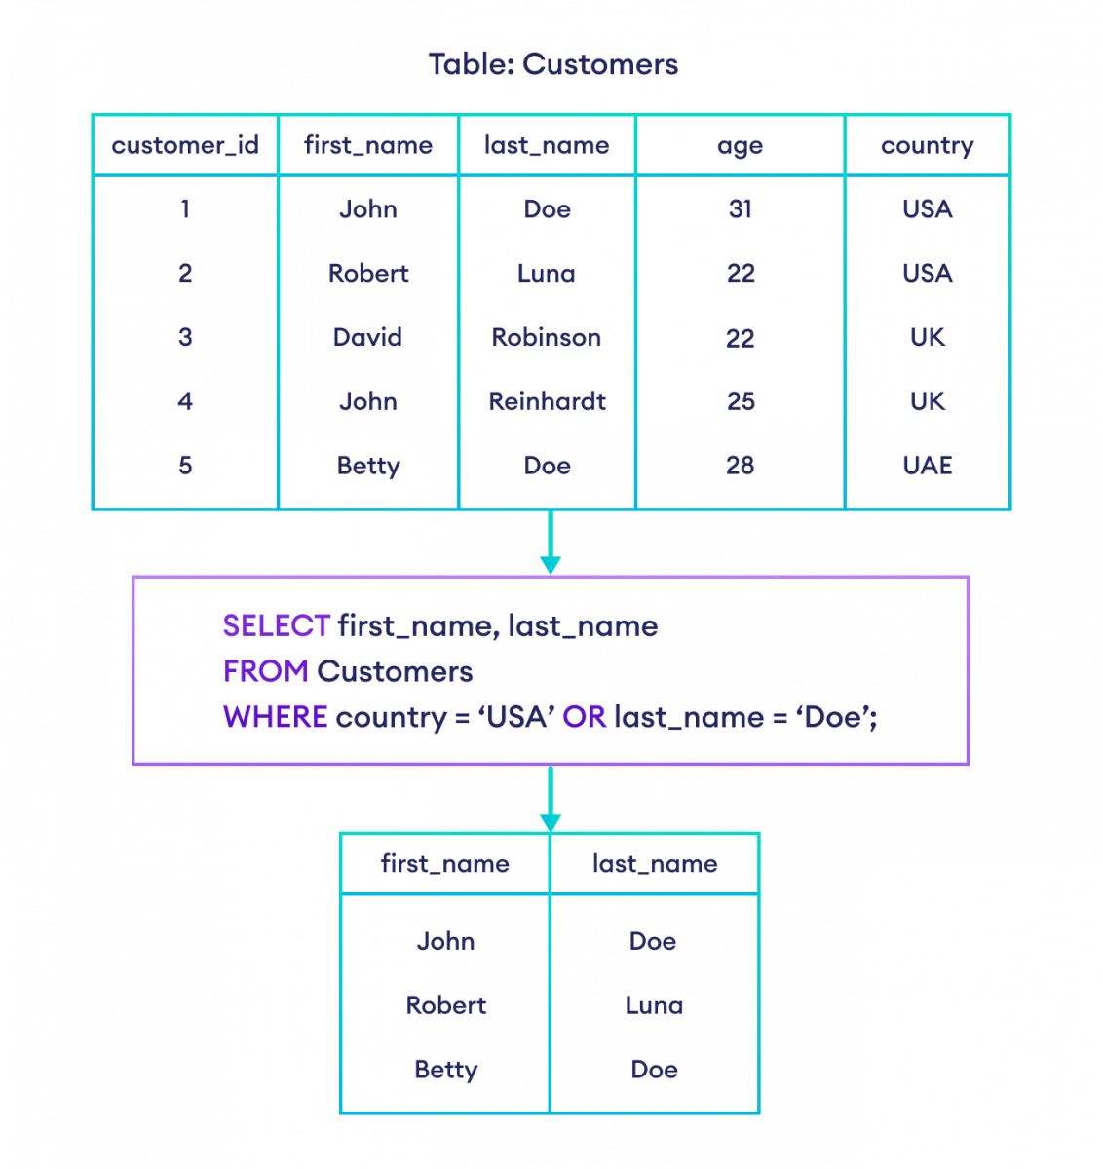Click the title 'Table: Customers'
(552, 65)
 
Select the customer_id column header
(185, 146)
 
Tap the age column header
(740, 146)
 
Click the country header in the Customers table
(927, 146)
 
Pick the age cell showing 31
(740, 209)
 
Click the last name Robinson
(547, 338)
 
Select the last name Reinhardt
(547, 401)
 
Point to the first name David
(367, 338)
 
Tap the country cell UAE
(927, 466)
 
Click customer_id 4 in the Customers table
(185, 401)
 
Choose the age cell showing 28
(740, 466)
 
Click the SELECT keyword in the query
(277, 626)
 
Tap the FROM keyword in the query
(266, 672)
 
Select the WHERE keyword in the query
(276, 718)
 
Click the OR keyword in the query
(585, 718)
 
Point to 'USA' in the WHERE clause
(516, 718)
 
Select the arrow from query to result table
(551, 799)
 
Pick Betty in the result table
(445, 1070)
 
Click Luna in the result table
(654, 1005)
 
